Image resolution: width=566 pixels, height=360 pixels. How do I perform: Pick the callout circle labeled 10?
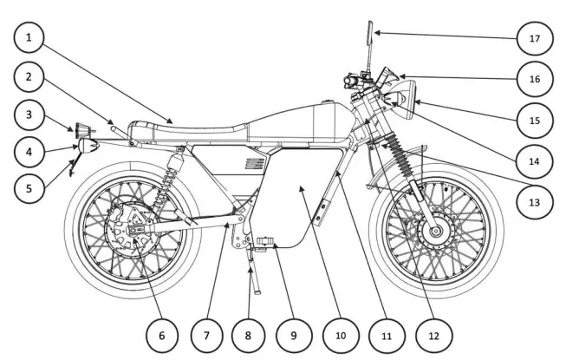click(x=339, y=333)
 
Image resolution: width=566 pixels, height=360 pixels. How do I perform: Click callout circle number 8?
click(x=249, y=333)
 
